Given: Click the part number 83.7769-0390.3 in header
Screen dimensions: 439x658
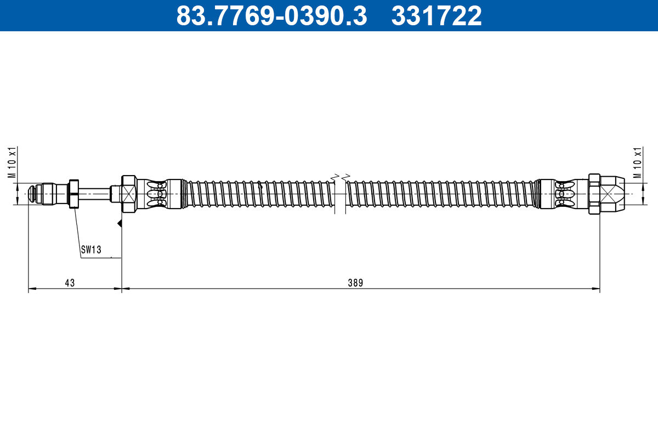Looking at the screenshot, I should [271, 16].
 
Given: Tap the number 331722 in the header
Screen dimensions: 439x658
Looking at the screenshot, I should [436, 16].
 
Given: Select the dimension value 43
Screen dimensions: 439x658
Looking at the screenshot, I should [70, 283].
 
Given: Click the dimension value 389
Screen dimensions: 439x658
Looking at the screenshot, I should [356, 283].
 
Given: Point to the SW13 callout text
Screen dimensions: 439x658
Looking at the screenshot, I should [91, 250].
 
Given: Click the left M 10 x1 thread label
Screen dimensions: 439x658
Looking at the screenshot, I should [10, 162].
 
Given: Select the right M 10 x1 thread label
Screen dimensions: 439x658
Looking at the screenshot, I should [637, 162].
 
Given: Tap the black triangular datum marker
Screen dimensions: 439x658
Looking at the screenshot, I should [119, 223].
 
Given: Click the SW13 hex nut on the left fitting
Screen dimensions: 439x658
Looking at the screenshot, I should [73, 194].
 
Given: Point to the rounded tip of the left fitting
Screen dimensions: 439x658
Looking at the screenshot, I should [33, 194].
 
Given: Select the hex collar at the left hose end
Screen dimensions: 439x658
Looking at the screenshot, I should [128, 194].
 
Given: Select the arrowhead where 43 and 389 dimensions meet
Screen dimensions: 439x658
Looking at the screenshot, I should [121, 289].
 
